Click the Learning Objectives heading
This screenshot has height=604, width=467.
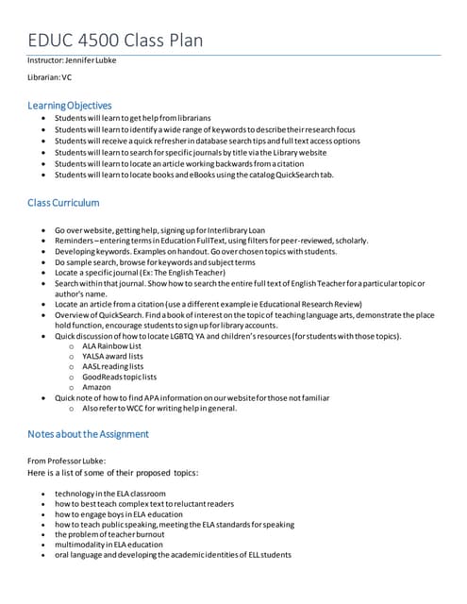point(70,105)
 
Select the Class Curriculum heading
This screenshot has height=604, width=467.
point(63,203)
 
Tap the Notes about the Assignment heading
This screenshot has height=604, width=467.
point(88,433)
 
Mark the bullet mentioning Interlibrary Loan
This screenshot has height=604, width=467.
point(159,230)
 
